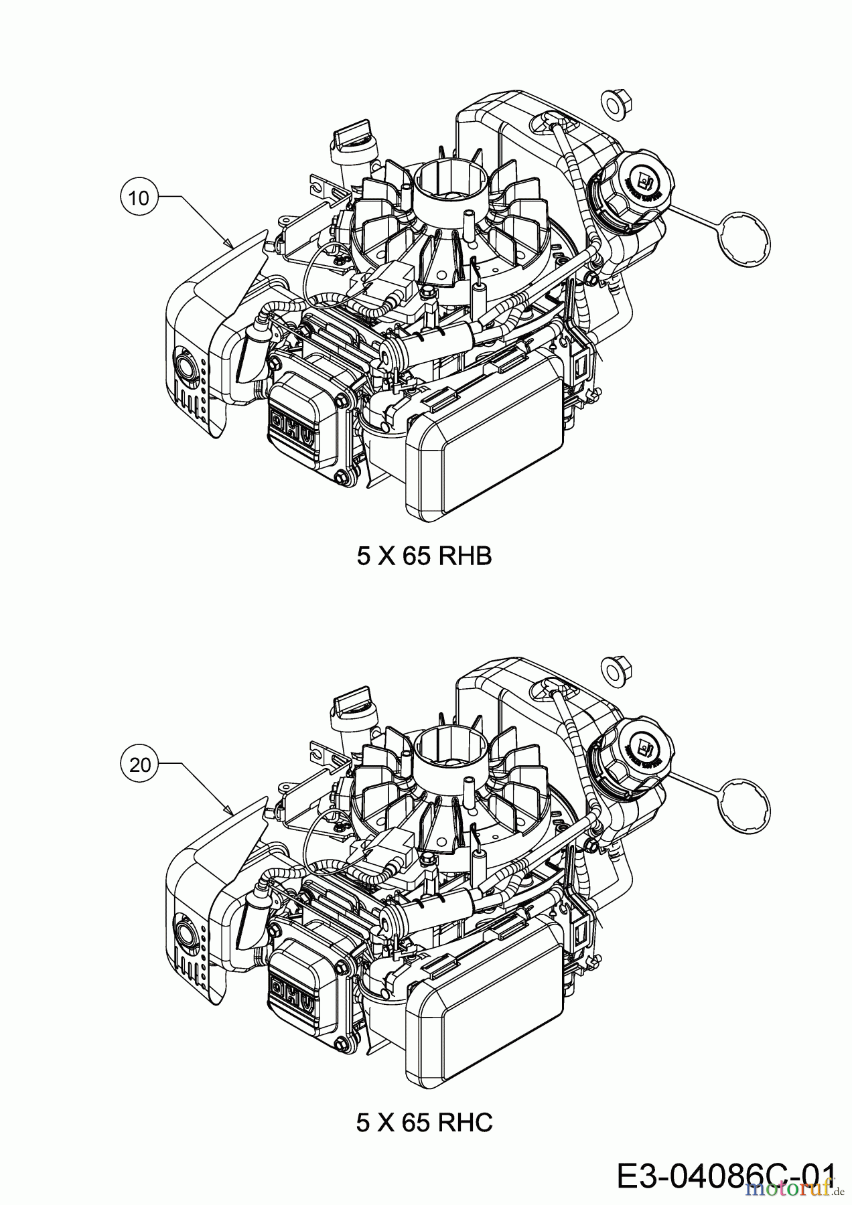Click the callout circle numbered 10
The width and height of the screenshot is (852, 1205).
[x=139, y=198]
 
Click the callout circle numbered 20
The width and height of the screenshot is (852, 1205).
[x=139, y=765]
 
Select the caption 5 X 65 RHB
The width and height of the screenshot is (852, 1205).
[x=425, y=556]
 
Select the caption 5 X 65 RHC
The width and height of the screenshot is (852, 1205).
[x=425, y=1123]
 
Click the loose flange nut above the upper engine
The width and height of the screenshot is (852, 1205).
[x=613, y=102]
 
